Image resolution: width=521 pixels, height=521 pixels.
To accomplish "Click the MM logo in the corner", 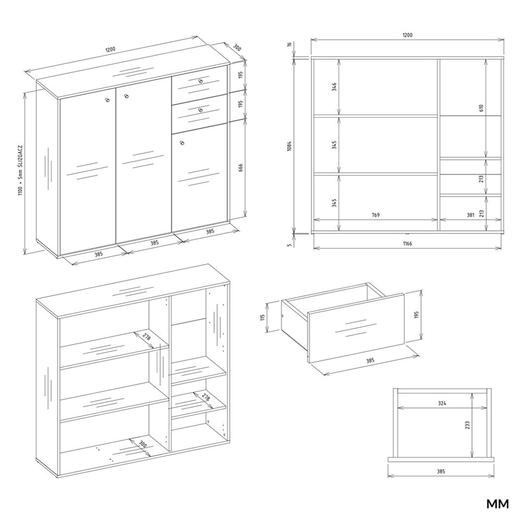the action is (x=498, y=504).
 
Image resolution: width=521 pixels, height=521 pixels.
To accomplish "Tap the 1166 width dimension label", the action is (x=408, y=244).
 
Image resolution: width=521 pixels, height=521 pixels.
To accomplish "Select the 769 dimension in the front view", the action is (x=375, y=215).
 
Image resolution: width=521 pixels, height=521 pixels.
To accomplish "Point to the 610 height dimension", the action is (x=481, y=108).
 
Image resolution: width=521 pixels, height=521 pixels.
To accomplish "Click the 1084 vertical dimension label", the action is (x=289, y=146).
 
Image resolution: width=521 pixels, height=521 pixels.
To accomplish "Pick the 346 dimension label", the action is (x=334, y=87).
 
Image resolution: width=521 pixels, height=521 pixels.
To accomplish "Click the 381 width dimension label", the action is (x=470, y=215).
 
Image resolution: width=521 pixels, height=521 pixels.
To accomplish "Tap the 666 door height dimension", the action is (x=240, y=168).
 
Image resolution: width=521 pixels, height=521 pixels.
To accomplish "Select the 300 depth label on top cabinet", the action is (x=237, y=48).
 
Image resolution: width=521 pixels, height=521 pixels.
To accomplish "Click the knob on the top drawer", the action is (x=200, y=81).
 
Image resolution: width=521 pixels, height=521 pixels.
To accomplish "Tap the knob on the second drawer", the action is (x=200, y=110).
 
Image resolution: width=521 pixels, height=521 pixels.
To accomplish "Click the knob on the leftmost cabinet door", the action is (x=107, y=100).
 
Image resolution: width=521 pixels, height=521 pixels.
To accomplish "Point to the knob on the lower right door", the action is (x=181, y=143).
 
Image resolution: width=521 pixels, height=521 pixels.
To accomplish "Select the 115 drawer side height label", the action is (x=263, y=317).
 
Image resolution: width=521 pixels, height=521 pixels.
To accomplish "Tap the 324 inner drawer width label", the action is (x=442, y=403).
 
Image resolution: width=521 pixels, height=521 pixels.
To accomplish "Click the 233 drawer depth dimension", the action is (x=467, y=425).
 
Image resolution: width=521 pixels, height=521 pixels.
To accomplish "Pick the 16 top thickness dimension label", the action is (x=289, y=44).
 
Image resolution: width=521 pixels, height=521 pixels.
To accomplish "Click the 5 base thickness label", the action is (x=289, y=245).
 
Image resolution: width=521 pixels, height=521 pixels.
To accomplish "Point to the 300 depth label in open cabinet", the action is (x=143, y=444).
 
